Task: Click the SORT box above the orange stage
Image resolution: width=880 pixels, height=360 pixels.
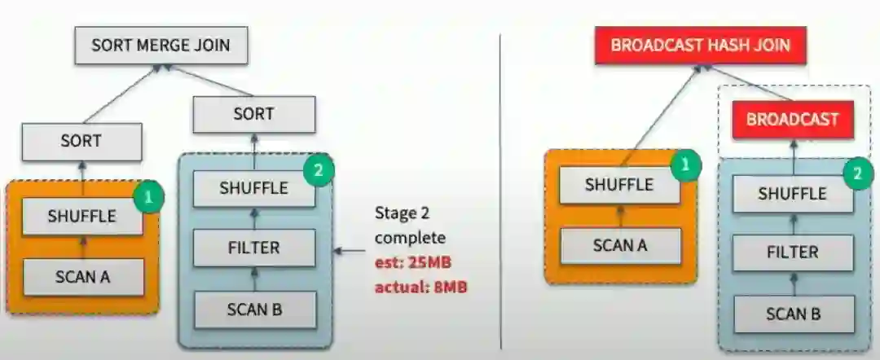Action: point(81,141)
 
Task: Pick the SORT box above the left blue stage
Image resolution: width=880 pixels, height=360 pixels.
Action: point(253,114)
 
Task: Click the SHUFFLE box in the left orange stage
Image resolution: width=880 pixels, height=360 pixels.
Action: point(81,217)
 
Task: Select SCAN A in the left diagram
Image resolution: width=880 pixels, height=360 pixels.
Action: point(82,276)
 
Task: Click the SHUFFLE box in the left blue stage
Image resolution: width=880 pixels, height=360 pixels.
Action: point(253,188)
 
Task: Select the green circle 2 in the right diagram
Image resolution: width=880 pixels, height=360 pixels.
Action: point(855,173)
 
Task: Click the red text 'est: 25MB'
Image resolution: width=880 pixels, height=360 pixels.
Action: point(411,265)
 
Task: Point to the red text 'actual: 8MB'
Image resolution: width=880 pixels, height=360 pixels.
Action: point(420,288)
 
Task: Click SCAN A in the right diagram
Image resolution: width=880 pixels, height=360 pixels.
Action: point(619,244)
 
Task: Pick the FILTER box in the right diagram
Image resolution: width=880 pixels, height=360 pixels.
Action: point(793,252)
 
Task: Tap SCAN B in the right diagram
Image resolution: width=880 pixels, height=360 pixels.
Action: point(793,314)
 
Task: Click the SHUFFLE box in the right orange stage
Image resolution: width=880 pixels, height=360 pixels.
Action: point(619,185)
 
